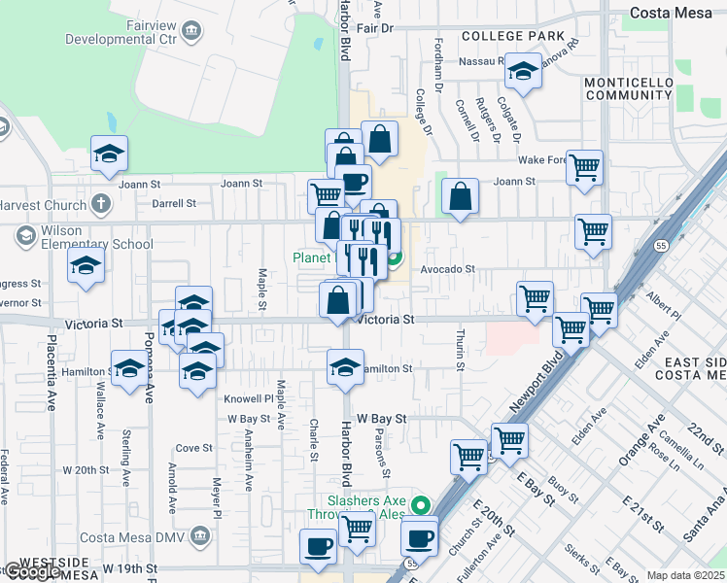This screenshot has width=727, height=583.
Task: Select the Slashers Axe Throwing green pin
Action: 421,505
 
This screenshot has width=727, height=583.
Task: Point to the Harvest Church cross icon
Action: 100,204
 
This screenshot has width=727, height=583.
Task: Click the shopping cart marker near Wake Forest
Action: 584,167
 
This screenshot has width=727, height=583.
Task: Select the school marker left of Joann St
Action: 110,153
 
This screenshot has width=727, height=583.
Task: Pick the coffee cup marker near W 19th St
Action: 318,546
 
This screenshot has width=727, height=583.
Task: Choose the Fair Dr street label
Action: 374,28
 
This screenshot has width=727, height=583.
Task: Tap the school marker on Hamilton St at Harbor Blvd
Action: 344,368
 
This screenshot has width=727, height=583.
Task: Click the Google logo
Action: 32,572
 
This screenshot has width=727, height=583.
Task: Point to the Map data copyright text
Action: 685,575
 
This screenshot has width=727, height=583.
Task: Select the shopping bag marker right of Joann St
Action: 460,196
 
